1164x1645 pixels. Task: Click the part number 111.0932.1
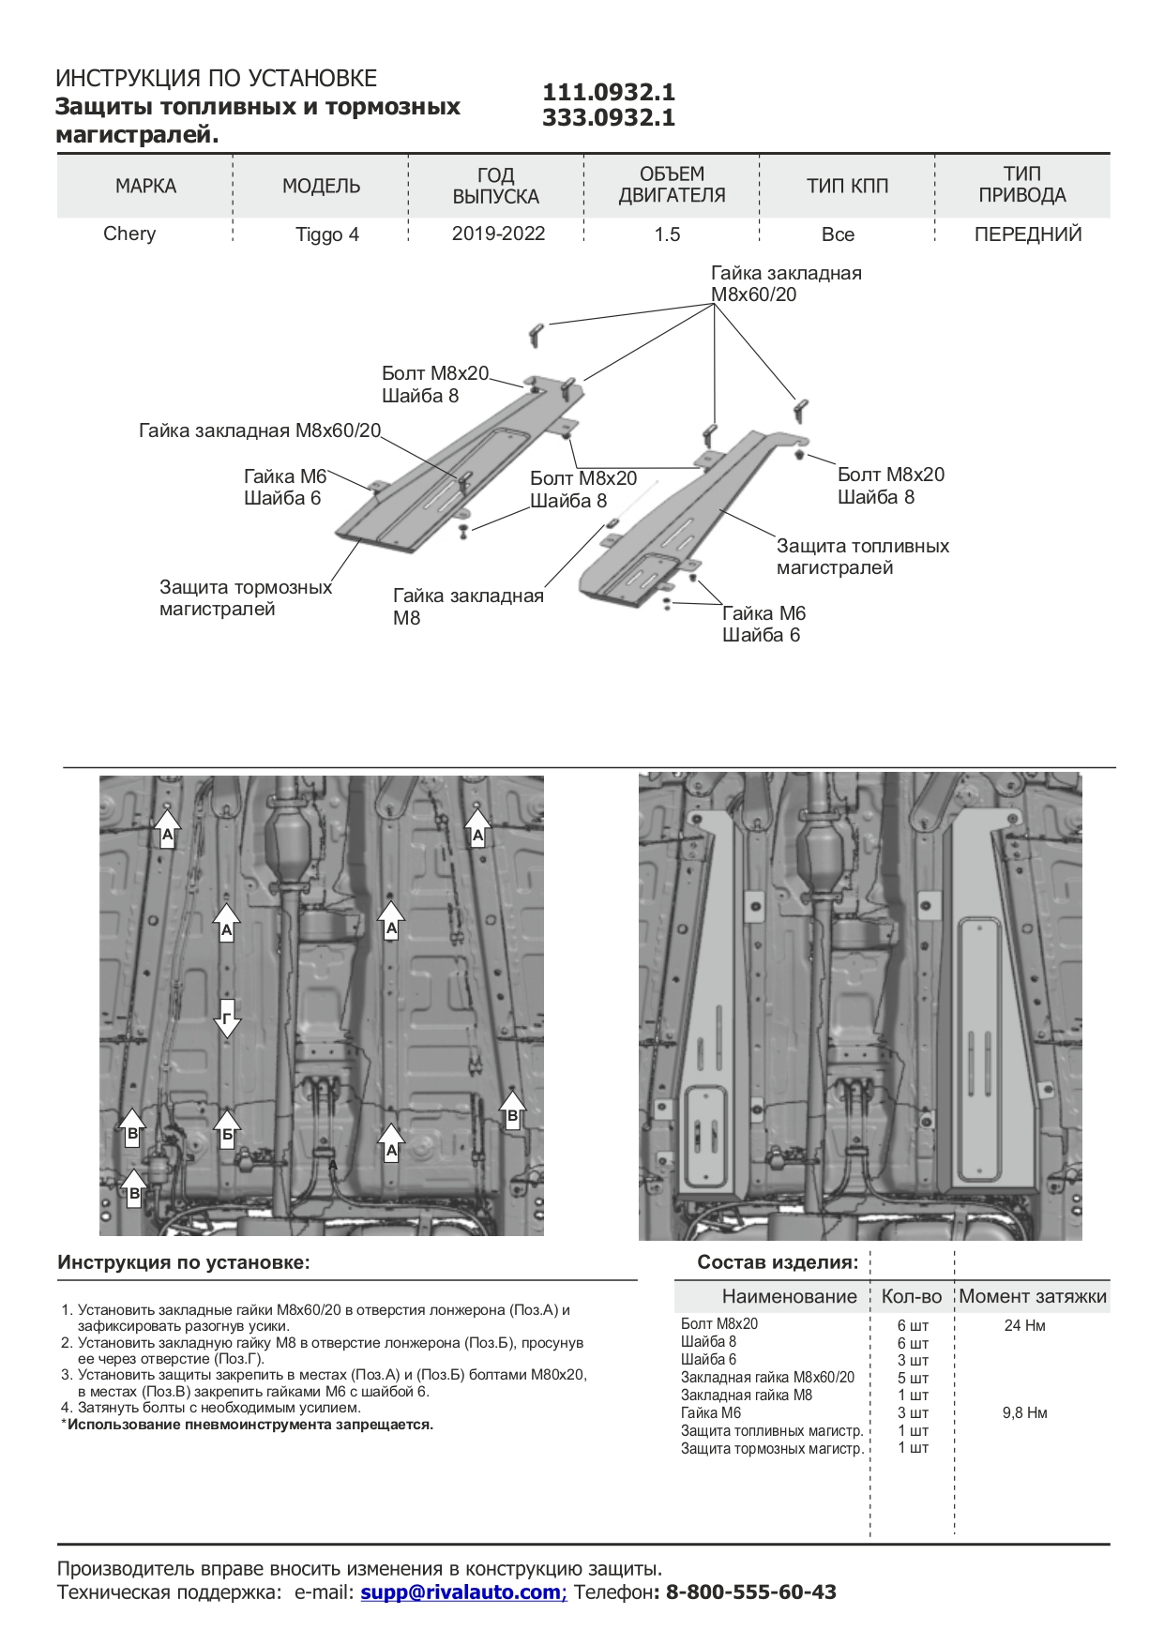pos(609,92)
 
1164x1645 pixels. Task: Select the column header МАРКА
pos(145,186)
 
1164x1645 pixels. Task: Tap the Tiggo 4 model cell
pos(327,234)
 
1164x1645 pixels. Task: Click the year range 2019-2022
pos(498,234)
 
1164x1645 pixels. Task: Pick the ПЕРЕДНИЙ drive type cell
pos(1028,234)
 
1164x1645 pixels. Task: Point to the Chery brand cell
pos(129,234)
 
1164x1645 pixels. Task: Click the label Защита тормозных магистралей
pos(245,597)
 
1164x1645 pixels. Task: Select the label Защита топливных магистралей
pos(862,556)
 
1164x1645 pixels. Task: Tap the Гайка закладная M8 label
pos(467,606)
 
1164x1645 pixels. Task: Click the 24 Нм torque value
pos(1024,1325)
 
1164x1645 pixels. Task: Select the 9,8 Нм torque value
pos(1024,1412)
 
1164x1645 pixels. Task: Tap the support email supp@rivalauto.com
pos(461,1592)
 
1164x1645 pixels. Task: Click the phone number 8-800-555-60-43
pos(750,1592)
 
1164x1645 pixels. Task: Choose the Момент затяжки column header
pos(1032,1296)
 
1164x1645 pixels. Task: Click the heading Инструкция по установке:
pos(184,1262)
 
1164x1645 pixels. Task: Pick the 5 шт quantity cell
pos(913,1378)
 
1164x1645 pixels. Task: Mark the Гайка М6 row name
pos(711,1412)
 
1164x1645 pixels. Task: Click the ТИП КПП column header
pos(847,186)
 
